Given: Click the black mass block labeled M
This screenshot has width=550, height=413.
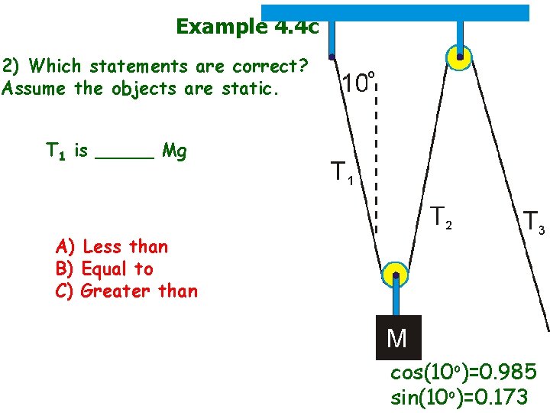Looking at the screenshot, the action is click(x=398, y=337).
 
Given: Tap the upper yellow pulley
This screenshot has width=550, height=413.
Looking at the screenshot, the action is click(x=459, y=57).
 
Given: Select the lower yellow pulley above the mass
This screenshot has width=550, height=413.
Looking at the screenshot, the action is click(x=395, y=276).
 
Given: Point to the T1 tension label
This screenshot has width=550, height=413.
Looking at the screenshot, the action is click(x=341, y=174).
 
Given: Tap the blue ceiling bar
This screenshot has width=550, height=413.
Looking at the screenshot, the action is click(x=395, y=13).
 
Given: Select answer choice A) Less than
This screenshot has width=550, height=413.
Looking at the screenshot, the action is click(x=112, y=246).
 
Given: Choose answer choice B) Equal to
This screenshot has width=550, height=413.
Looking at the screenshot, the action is click(x=105, y=268).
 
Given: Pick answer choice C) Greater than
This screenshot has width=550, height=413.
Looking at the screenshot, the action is click(x=127, y=291).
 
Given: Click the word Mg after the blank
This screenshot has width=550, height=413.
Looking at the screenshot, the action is click(x=175, y=151).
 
